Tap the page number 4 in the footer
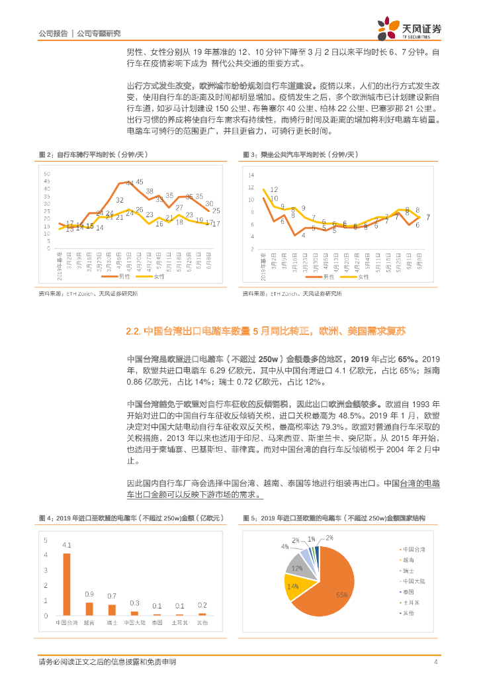(435, 662)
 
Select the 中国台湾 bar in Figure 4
(67, 584)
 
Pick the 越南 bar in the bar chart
(89, 609)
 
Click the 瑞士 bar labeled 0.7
(112, 610)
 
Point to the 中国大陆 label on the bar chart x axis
(134, 624)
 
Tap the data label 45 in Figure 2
(140, 181)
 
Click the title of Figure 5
(333, 517)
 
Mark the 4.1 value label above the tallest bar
(67, 546)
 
